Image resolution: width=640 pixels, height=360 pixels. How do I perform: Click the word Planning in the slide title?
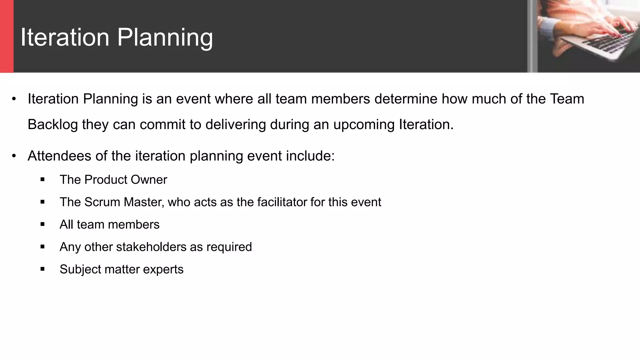click(165, 38)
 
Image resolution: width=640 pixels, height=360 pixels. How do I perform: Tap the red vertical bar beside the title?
click(7, 36)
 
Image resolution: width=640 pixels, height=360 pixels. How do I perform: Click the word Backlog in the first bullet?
click(52, 124)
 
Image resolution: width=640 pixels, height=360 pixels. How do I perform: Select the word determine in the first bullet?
click(405, 99)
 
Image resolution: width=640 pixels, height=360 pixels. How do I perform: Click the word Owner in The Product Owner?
click(149, 180)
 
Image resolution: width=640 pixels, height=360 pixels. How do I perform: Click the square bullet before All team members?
click(42, 224)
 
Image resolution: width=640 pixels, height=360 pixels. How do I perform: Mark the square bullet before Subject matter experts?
click(42, 269)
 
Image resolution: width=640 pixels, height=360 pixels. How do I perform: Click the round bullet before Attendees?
click(14, 156)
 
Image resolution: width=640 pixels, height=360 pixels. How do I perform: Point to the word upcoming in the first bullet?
click(364, 125)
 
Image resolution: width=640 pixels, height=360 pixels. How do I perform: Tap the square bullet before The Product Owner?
click(42, 179)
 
